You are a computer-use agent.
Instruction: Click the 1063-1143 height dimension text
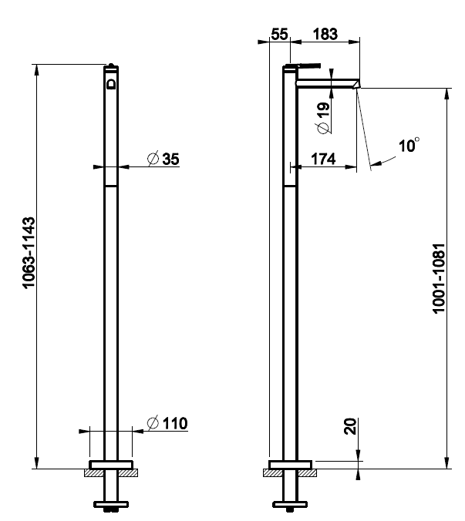[29, 254]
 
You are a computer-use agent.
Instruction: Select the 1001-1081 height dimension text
[439, 278]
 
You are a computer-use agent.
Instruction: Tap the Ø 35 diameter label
[163, 159]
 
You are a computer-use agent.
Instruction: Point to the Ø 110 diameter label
[167, 423]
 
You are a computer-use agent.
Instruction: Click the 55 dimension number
[279, 34]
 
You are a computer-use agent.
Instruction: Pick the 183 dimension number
[325, 34]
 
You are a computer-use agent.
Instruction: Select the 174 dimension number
[323, 159]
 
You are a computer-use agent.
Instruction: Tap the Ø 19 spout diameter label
[323, 118]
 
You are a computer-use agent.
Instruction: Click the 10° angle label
[409, 145]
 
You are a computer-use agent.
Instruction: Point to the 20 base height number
[350, 426]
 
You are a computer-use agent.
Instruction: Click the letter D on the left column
[111, 84]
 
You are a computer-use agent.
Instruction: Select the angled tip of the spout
[356, 84]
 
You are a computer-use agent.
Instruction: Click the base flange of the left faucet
[111, 465]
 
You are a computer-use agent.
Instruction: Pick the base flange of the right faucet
[290, 465]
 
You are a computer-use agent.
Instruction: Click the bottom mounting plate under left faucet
[111, 504]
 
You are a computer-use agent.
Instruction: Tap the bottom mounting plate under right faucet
[290, 504]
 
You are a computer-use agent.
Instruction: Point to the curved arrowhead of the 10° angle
[376, 163]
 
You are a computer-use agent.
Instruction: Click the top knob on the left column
[111, 65]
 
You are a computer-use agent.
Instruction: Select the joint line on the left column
[111, 186]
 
